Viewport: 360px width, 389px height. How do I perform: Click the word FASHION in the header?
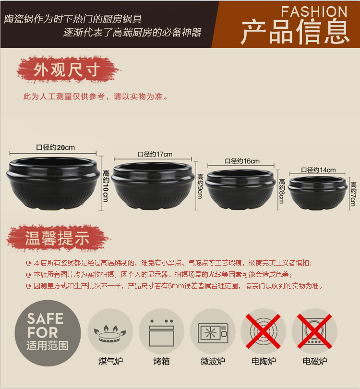(x=314, y=12)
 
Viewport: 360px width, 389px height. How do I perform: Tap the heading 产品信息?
(x=295, y=32)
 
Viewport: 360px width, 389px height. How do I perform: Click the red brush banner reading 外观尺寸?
(x=67, y=70)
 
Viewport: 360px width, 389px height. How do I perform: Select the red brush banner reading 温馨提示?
(x=57, y=238)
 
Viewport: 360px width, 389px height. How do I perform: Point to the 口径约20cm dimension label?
(x=56, y=147)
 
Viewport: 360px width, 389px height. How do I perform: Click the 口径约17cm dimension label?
(x=155, y=154)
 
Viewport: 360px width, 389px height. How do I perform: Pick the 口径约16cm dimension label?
(x=242, y=161)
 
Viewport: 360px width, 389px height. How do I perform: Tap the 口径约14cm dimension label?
(x=318, y=170)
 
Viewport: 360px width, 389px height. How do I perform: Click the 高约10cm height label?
(x=106, y=186)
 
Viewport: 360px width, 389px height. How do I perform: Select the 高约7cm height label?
(x=353, y=194)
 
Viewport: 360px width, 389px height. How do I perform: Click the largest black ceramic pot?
(x=53, y=182)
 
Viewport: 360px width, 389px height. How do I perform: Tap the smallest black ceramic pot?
(x=318, y=193)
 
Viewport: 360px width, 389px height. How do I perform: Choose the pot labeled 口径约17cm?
(x=153, y=185)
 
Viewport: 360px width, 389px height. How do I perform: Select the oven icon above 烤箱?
(x=162, y=333)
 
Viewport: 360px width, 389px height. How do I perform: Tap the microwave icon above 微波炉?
(x=213, y=333)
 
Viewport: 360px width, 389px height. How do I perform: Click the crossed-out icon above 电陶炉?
(x=263, y=331)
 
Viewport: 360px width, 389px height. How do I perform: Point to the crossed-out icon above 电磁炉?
(x=314, y=331)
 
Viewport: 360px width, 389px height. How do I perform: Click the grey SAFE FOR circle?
(x=48, y=333)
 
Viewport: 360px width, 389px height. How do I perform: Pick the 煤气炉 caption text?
(x=110, y=361)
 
